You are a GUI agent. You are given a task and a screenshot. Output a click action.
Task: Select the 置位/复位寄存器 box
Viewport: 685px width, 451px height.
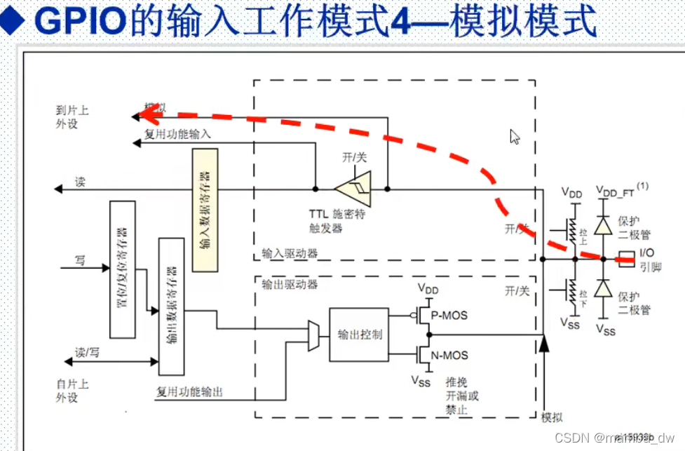tap(121, 269)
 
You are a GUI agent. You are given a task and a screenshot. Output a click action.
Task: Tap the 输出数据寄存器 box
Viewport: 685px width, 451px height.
tap(171, 306)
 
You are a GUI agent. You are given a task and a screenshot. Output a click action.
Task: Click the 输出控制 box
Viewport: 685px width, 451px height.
tap(358, 335)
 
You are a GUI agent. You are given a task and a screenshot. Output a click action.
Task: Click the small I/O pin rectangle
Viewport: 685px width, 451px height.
tap(627, 259)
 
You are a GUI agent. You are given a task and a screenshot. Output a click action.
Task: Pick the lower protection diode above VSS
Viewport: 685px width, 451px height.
tap(602, 289)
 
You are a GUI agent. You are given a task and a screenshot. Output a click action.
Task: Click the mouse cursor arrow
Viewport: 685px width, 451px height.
tap(515, 136)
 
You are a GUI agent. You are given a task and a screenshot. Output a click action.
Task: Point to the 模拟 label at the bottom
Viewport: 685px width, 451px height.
tap(552, 417)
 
